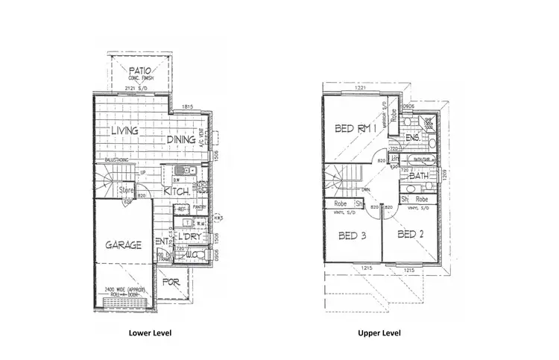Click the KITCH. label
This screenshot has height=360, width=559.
(177, 192)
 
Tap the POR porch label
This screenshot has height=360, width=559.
(171, 284)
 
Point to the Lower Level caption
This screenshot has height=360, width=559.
(150, 334)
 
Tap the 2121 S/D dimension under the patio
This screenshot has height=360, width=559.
(141, 87)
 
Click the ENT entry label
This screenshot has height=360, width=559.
(161, 241)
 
